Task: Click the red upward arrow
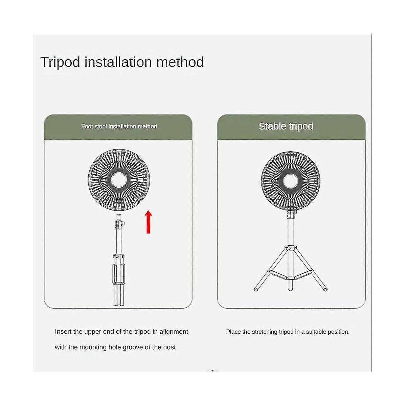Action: (x=149, y=222)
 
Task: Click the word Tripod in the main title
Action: (x=60, y=63)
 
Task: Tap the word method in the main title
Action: (x=180, y=62)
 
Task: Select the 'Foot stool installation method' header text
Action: (x=119, y=127)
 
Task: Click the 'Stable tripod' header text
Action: (x=286, y=127)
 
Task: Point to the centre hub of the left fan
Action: (x=119, y=180)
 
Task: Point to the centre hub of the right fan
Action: (x=291, y=181)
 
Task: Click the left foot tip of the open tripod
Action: (x=256, y=290)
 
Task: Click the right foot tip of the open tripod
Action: (x=325, y=290)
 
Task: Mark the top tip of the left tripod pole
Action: (x=119, y=215)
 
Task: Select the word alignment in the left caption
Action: (x=174, y=332)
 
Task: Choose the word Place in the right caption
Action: (x=233, y=332)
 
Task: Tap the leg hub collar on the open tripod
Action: (x=291, y=248)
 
